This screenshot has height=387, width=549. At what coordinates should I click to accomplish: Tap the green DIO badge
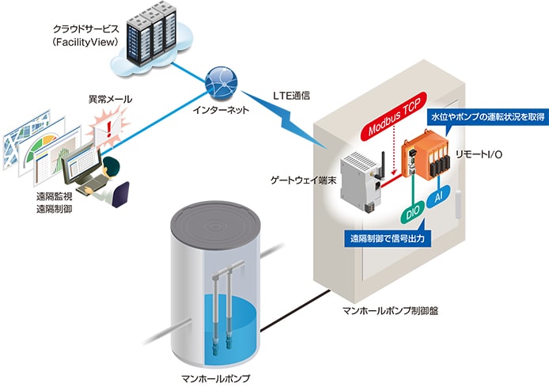point(412,213)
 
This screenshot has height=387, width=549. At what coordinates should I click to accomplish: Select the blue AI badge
point(438,197)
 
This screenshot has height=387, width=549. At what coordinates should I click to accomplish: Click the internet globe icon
point(221,83)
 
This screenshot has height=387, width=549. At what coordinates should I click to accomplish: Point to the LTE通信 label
point(291,96)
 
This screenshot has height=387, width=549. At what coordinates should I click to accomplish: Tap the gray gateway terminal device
point(360,182)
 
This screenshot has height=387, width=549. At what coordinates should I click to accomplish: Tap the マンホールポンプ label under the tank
point(215,378)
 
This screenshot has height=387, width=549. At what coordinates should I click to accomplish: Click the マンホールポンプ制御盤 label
point(391,310)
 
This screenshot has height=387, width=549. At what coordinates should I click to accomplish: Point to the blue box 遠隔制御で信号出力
point(388,238)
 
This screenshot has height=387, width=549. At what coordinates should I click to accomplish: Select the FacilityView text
point(85,43)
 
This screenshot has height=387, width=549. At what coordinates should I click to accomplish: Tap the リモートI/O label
point(479,154)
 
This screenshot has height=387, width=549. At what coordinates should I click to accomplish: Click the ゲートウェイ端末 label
point(303,180)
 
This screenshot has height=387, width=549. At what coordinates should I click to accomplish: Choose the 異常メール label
point(110,99)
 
